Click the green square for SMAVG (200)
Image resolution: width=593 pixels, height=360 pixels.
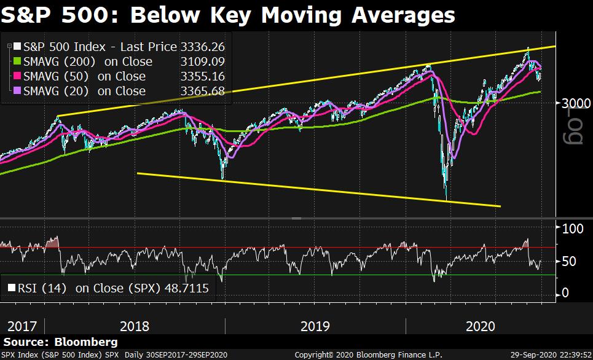point(18,61)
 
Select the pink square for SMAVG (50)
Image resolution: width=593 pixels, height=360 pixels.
point(18,76)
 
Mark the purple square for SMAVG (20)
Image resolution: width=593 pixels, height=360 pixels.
point(18,91)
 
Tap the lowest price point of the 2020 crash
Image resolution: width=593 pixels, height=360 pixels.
point(446,198)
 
